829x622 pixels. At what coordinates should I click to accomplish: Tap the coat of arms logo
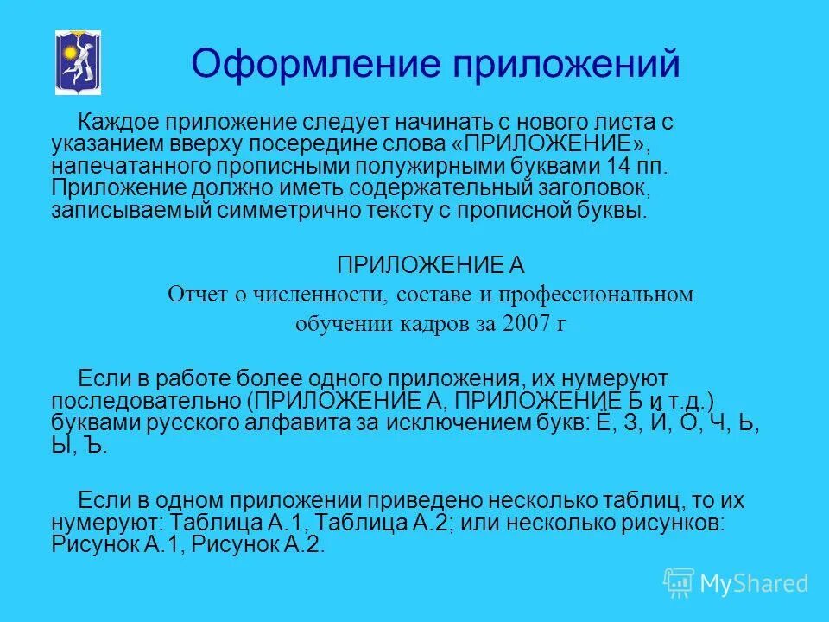(79, 61)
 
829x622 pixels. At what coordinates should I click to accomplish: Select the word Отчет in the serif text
(195, 295)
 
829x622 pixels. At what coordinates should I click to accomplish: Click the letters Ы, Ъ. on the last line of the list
(79, 446)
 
